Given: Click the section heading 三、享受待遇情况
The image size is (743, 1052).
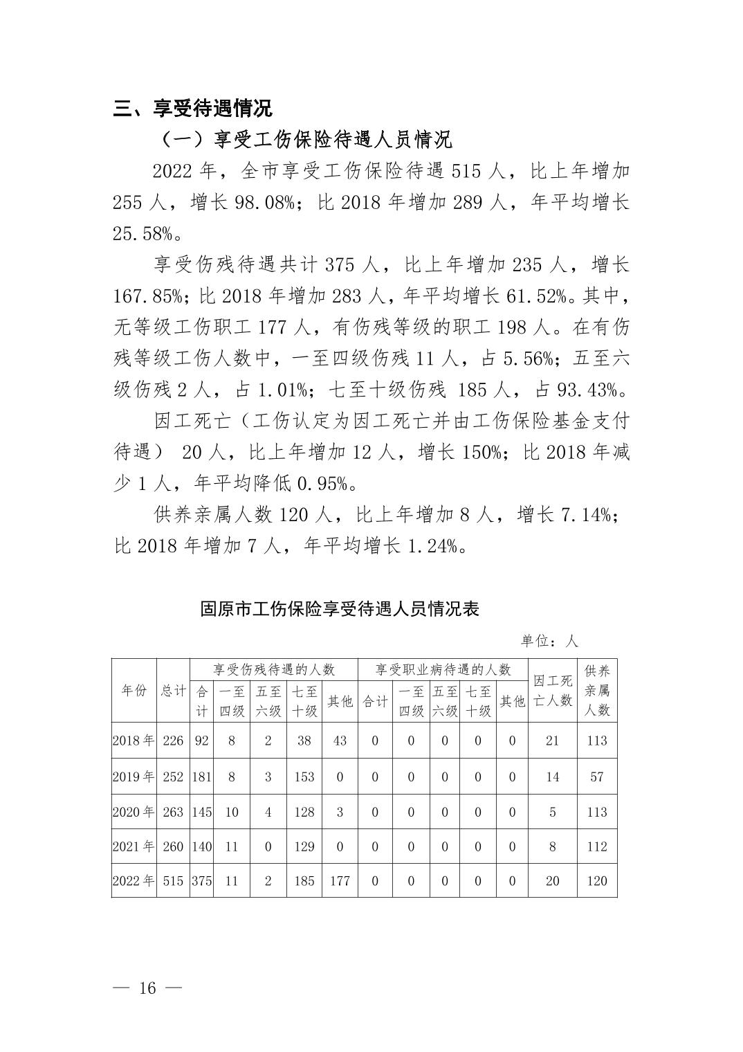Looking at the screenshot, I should (x=193, y=109).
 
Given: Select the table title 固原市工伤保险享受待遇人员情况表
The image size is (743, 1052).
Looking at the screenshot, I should (x=340, y=609).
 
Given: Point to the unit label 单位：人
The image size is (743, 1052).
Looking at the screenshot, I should (x=549, y=641).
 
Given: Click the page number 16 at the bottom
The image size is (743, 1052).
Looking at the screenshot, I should (x=147, y=988).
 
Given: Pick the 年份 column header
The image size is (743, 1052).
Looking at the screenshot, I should (x=134, y=691).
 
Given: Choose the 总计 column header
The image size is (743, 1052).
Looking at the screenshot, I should (x=173, y=691).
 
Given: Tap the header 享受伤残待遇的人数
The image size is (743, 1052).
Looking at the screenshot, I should (x=274, y=669).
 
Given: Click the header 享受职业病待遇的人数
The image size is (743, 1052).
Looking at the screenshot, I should (x=443, y=669).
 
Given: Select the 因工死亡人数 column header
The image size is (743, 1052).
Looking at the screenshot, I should (x=553, y=691).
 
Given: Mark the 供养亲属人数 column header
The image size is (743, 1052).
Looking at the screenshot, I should (x=597, y=691).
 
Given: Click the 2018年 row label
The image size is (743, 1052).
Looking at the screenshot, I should (x=134, y=741).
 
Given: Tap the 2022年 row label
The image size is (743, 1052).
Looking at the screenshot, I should (x=134, y=881).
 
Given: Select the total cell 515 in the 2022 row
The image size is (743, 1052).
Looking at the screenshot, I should (x=173, y=881).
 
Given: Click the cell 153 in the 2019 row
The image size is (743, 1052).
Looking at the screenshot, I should (x=304, y=777).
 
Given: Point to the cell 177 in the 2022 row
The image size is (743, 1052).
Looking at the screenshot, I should (x=340, y=881).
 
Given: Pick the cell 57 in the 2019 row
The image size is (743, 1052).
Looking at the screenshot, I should (x=597, y=777).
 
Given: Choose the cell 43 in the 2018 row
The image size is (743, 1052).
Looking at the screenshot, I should (x=340, y=741).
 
